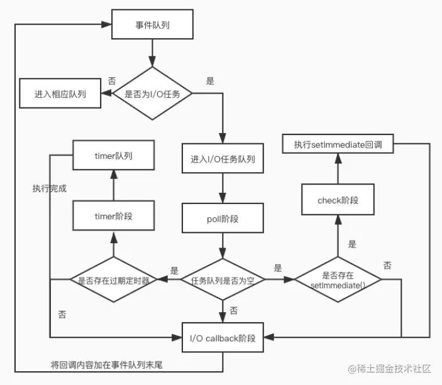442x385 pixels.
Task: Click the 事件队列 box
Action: pyautogui.click(x=152, y=24)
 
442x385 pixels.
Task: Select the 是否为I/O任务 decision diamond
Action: pyautogui.click(x=152, y=94)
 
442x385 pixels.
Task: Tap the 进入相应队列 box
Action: pyautogui.click(x=60, y=93)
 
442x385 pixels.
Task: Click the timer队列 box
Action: pyautogui.click(x=114, y=155)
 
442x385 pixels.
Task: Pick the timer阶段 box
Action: pyautogui.click(x=114, y=215)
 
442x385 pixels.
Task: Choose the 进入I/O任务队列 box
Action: pyautogui.click(x=223, y=158)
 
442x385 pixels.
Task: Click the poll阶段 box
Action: pyautogui.click(x=223, y=219)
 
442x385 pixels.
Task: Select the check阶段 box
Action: pyautogui.click(x=338, y=199)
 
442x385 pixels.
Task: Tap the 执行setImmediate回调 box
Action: pyautogui.click(x=338, y=144)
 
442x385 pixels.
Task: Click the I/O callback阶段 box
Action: pyautogui.click(x=223, y=337)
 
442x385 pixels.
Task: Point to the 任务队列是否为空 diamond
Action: pyautogui.click(x=223, y=279)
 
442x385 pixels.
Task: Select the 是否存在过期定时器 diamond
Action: pyautogui.click(x=114, y=279)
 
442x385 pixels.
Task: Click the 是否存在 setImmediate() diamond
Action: pyautogui.click(x=338, y=279)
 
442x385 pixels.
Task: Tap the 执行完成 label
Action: pyautogui.click(x=49, y=188)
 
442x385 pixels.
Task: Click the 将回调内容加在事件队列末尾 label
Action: pyautogui.click(x=106, y=365)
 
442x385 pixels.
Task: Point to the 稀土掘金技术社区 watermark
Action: pyautogui.click(x=390, y=369)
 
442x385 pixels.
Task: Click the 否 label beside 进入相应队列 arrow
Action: pyautogui.click(x=112, y=81)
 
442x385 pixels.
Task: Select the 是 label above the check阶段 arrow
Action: pyautogui.click(x=352, y=244)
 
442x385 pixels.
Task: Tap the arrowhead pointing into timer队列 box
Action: pyautogui.click(x=114, y=175)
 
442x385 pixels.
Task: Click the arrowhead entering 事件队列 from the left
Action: pyautogui.click(x=106, y=24)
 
